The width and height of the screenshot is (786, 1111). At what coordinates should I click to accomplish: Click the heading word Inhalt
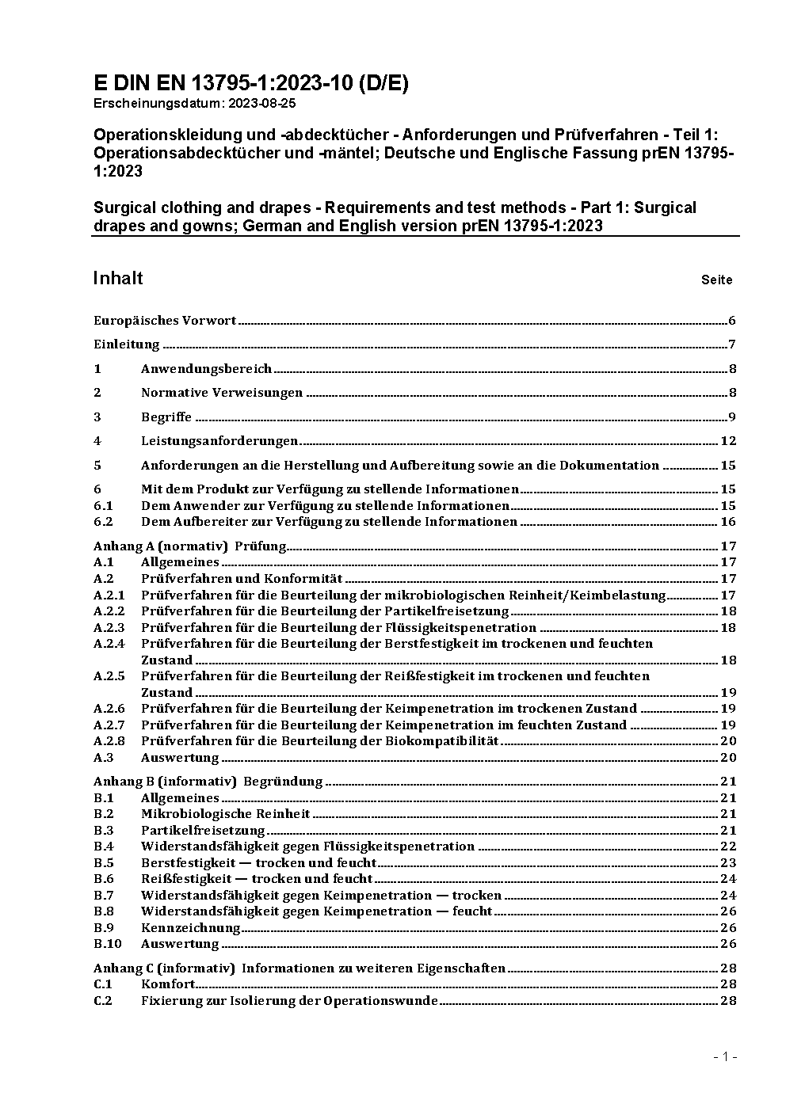click(x=118, y=278)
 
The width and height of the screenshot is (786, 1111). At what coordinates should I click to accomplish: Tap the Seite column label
click(x=716, y=280)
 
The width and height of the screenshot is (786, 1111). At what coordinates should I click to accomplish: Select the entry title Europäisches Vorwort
click(x=165, y=321)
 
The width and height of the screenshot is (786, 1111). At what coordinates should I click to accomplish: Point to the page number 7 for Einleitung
click(x=732, y=344)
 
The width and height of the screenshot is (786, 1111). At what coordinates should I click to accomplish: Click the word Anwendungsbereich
click(x=206, y=369)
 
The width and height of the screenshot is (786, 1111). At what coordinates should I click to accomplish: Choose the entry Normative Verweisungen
click(x=222, y=393)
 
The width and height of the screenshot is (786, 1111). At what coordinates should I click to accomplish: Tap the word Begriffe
click(x=166, y=417)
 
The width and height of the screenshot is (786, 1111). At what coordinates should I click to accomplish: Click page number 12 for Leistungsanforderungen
click(x=728, y=441)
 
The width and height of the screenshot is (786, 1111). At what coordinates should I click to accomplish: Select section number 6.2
click(x=103, y=522)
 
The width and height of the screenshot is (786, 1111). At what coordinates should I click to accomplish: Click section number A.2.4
click(x=109, y=644)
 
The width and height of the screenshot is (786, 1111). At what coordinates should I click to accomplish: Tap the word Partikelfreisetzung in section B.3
click(x=203, y=831)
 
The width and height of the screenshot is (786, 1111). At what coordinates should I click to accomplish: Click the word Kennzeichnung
click(x=190, y=928)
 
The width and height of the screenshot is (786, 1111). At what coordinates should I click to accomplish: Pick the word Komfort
click(x=168, y=984)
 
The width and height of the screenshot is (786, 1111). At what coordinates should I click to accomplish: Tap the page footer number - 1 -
click(x=726, y=1057)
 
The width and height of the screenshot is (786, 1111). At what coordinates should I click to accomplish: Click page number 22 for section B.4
click(x=728, y=847)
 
